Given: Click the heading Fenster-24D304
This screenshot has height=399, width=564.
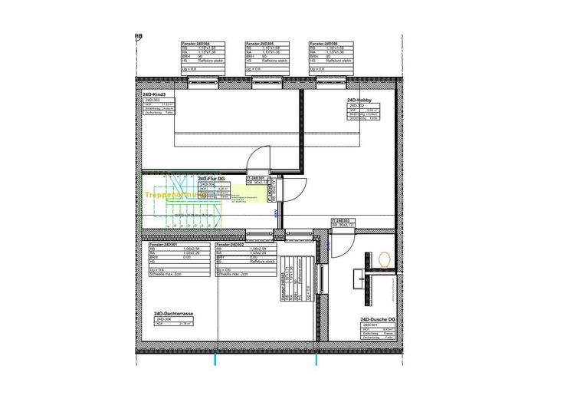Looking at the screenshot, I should (195, 45).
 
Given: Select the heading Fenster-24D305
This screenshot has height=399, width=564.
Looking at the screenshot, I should (260, 45).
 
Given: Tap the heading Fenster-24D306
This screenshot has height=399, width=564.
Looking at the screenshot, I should (324, 45).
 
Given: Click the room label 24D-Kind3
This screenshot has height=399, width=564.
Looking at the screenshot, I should (154, 94).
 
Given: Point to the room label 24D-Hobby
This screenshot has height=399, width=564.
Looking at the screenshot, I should (359, 100).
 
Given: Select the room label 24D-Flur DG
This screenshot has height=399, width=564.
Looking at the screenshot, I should (211, 178).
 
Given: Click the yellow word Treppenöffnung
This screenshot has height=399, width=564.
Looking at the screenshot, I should (171, 196).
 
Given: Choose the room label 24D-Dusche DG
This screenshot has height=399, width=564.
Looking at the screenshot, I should (377, 319).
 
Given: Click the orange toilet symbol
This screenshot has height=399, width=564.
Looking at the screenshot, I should (384, 260).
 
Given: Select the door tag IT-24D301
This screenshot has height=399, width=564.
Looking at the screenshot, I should (255, 178).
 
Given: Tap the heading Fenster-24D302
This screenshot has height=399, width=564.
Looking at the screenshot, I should (230, 244).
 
